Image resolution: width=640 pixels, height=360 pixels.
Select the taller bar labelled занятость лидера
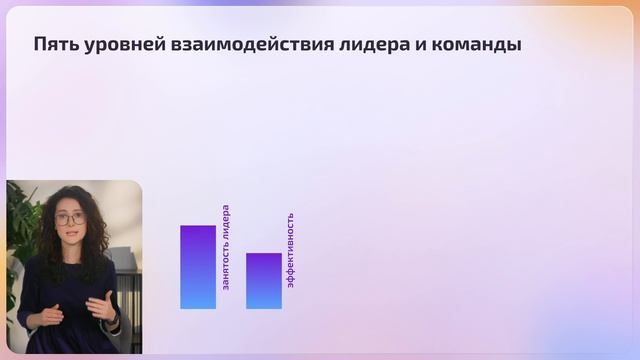click(x=198, y=267)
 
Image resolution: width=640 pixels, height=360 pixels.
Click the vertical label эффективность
click(x=291, y=250)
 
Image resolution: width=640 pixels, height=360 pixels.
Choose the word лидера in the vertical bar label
click(x=226, y=223)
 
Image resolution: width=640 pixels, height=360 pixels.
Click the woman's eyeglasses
click(x=69, y=218)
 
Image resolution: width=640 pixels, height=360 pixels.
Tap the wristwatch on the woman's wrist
click(x=115, y=319)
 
